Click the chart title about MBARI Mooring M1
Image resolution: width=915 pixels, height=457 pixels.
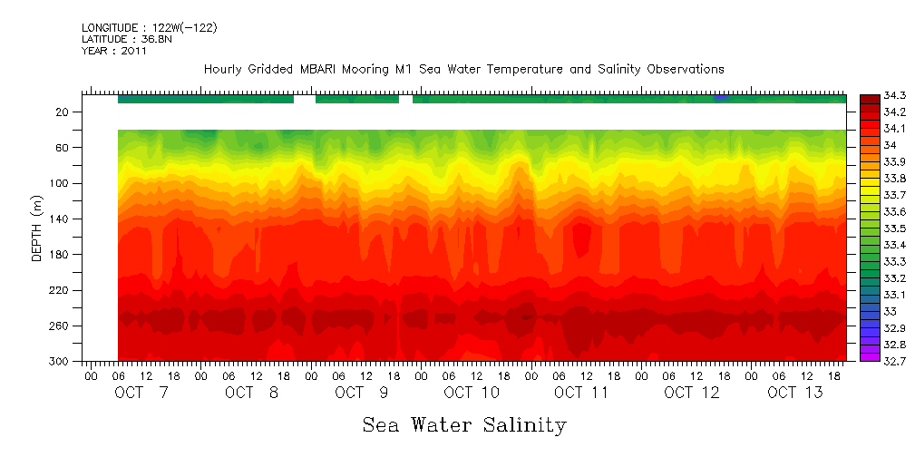[x=463, y=70]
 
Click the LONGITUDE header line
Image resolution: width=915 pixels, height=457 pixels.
[x=150, y=28]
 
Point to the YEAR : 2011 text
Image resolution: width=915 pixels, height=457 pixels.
[x=114, y=51]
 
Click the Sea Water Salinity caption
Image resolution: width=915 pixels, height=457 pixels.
[x=464, y=425]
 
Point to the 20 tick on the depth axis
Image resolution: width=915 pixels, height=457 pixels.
[x=63, y=112]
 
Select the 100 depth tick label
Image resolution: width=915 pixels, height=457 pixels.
[x=62, y=183]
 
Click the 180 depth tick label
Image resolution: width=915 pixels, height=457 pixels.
[x=62, y=255]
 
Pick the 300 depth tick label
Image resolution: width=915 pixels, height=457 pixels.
[x=62, y=362]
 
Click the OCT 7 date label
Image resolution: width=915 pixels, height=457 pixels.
[x=141, y=393]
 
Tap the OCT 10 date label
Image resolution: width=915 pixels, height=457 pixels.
[x=472, y=393]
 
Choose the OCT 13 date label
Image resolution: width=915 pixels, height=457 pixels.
[x=794, y=393]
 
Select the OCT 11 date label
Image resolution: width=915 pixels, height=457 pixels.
[x=581, y=393]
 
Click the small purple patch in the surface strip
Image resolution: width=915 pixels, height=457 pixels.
[x=721, y=97]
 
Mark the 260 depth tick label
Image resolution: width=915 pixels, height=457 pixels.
[x=62, y=326]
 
